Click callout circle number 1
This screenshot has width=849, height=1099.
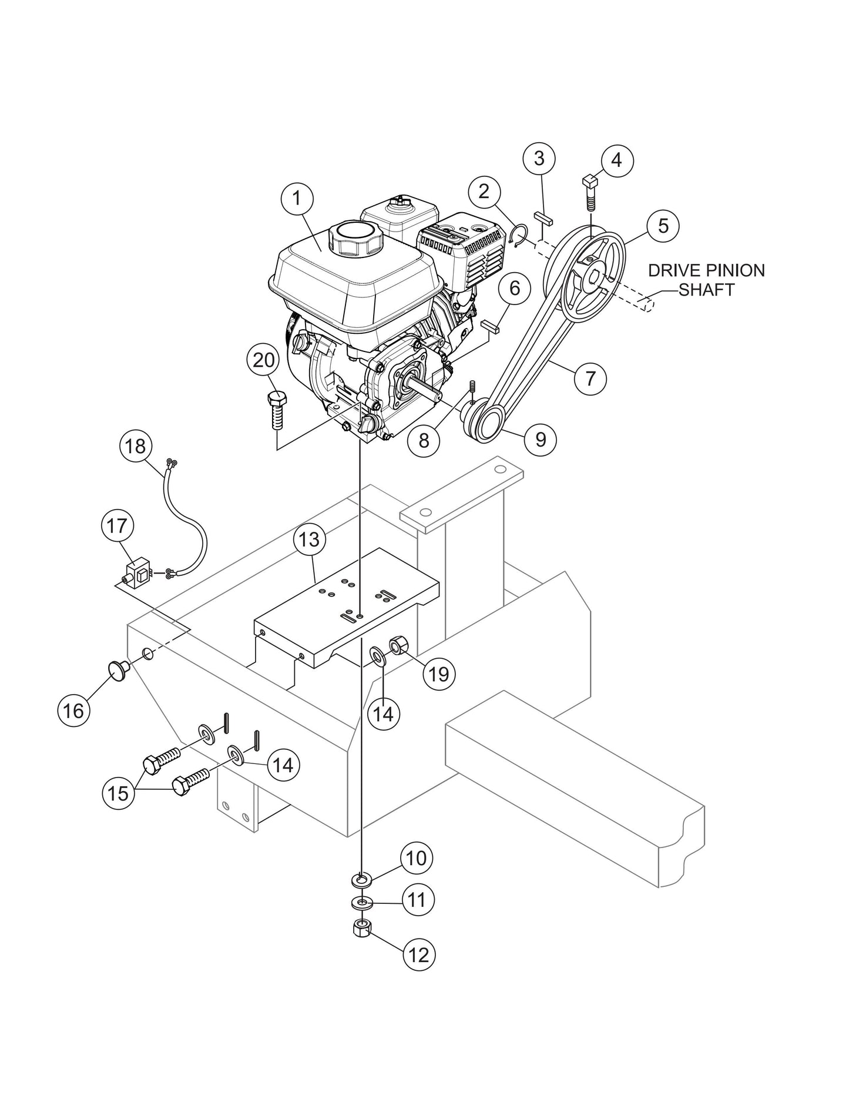click(x=297, y=199)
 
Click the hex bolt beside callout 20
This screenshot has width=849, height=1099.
click(x=277, y=411)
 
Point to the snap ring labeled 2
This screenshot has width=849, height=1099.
click(x=517, y=237)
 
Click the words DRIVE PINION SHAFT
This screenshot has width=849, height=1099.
click(x=707, y=280)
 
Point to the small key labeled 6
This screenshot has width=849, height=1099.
click(x=489, y=324)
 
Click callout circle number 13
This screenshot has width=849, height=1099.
click(x=310, y=539)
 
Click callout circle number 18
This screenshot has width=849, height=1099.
click(x=136, y=446)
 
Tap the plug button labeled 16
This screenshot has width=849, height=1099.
click(x=115, y=670)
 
